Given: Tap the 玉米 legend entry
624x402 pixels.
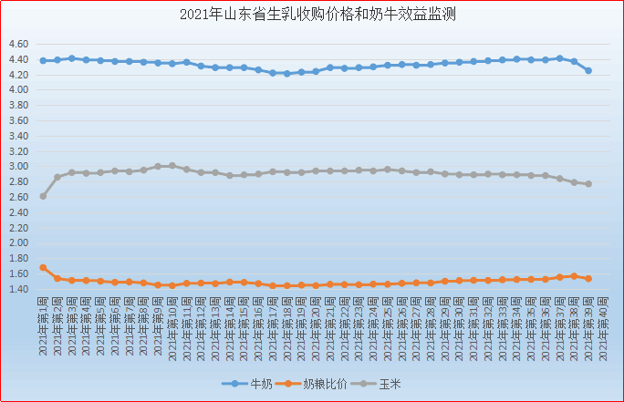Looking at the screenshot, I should coord(388,384).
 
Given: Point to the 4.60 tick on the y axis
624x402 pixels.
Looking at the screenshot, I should coord(20,44).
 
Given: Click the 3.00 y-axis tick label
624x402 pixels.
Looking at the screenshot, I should coord(20,167).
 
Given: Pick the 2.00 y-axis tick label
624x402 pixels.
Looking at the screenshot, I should coord(20,243).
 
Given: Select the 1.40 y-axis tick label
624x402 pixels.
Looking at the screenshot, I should coord(20,290).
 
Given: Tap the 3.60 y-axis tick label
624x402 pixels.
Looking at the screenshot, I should coord(20,120).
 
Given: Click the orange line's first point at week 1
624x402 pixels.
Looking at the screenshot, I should coord(43,268).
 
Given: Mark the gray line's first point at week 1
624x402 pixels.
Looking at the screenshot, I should coord(43,196).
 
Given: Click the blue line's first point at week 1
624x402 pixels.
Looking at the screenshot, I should coord(43,61).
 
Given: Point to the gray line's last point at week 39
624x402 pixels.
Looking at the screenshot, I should coord(588,184).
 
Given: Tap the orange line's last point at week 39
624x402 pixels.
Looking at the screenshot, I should coord(588,278).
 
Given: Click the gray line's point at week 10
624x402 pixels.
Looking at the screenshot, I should coord(172,166).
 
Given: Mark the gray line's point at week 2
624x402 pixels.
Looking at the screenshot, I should coord(57,178).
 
